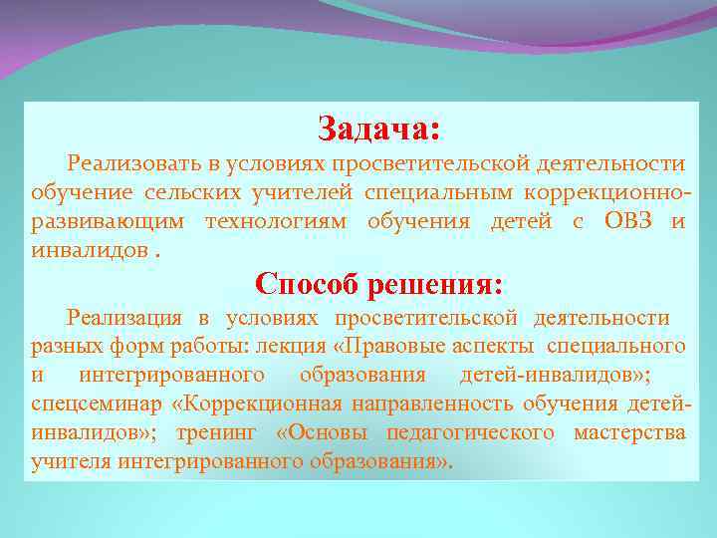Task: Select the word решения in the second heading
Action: point(435,285)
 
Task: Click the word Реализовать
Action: point(135,162)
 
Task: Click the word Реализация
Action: point(124,318)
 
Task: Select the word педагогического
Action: point(466,433)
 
